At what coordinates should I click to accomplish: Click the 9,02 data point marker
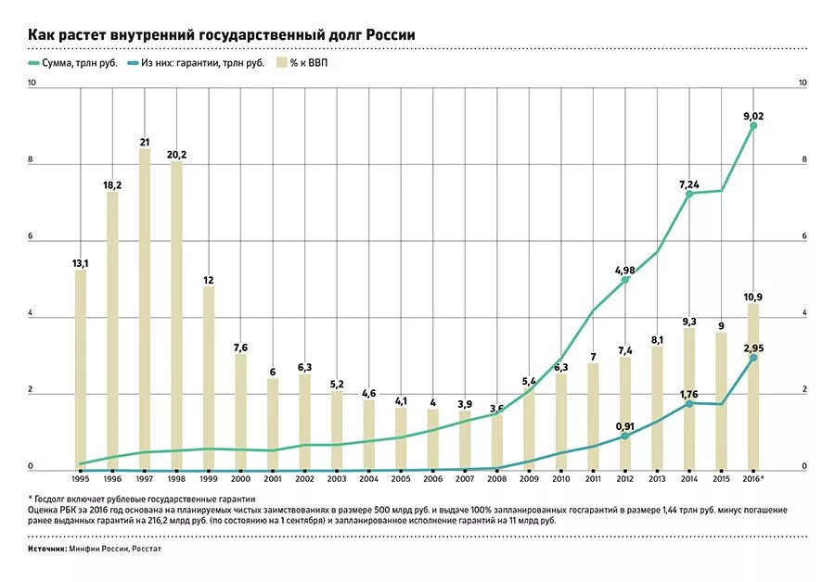[753, 125]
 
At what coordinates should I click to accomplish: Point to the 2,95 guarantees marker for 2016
[753, 357]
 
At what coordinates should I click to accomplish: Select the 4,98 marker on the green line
[625, 279]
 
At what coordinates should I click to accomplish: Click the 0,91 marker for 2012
[625, 436]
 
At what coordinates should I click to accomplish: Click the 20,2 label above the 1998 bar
[176, 155]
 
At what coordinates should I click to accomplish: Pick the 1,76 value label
[688, 394]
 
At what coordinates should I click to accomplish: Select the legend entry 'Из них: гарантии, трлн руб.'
[196, 63]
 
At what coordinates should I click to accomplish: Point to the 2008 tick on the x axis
[496, 478]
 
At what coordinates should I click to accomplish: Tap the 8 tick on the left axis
[32, 160]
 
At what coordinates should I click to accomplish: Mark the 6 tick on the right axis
[803, 237]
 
